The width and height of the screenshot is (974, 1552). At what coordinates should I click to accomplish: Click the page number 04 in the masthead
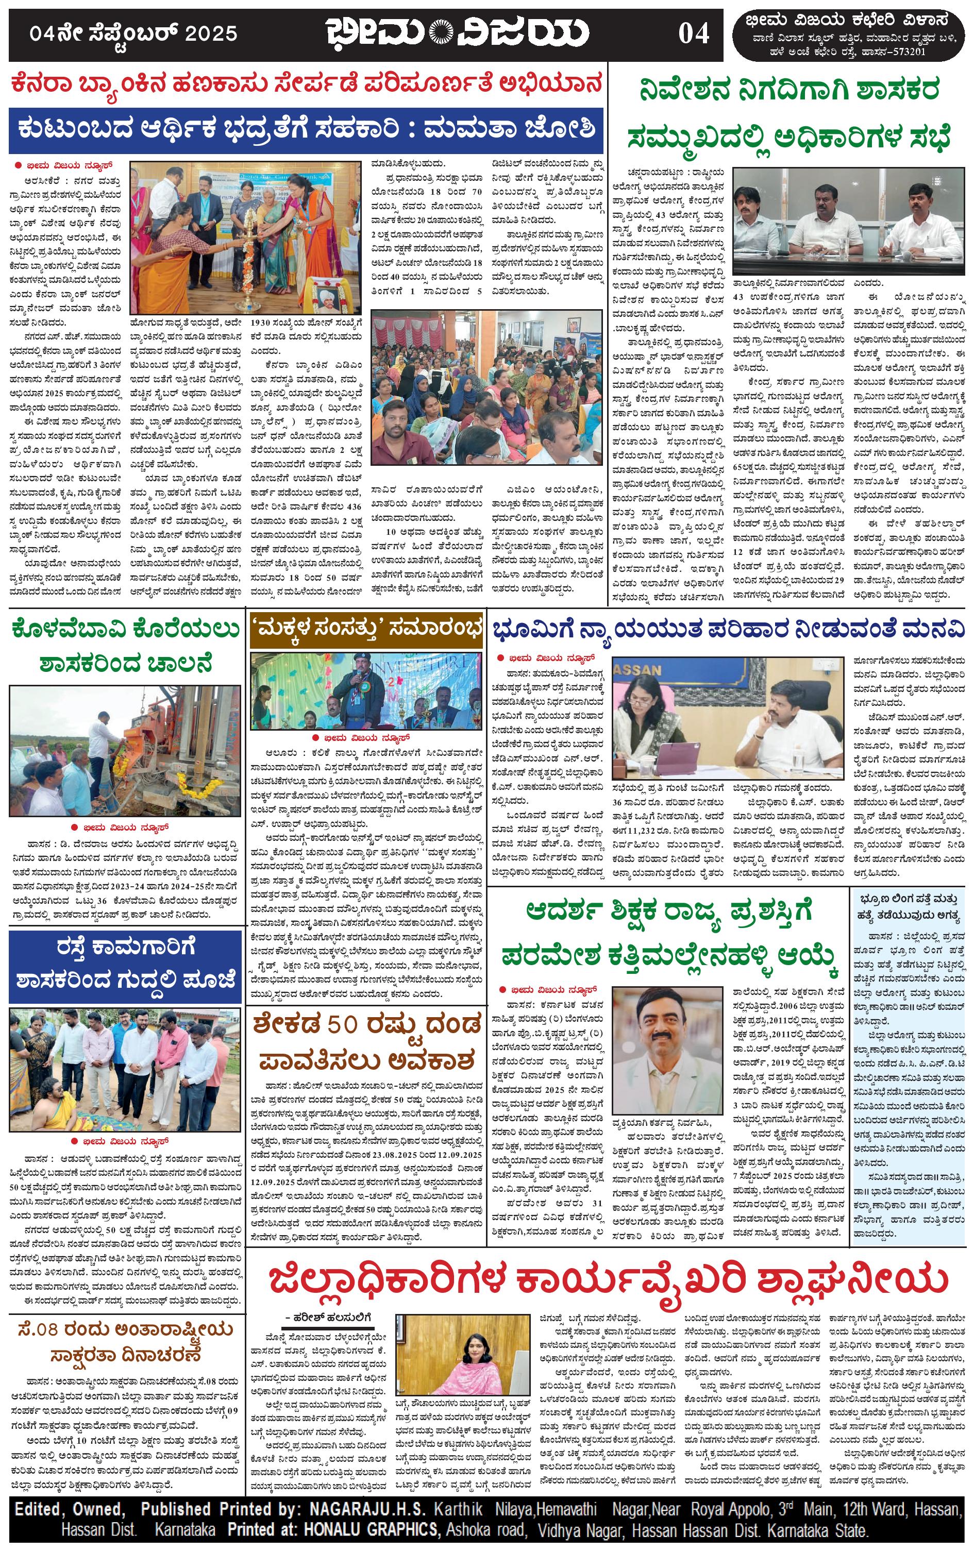[693, 33]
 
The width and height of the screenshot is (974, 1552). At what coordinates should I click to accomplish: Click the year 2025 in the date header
[211, 33]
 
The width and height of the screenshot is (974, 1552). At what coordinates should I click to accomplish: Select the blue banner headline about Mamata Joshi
[307, 129]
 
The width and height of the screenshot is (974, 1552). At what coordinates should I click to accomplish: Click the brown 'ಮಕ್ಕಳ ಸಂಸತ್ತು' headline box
[366, 629]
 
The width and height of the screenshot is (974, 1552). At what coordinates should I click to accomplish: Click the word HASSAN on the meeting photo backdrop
[639, 670]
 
